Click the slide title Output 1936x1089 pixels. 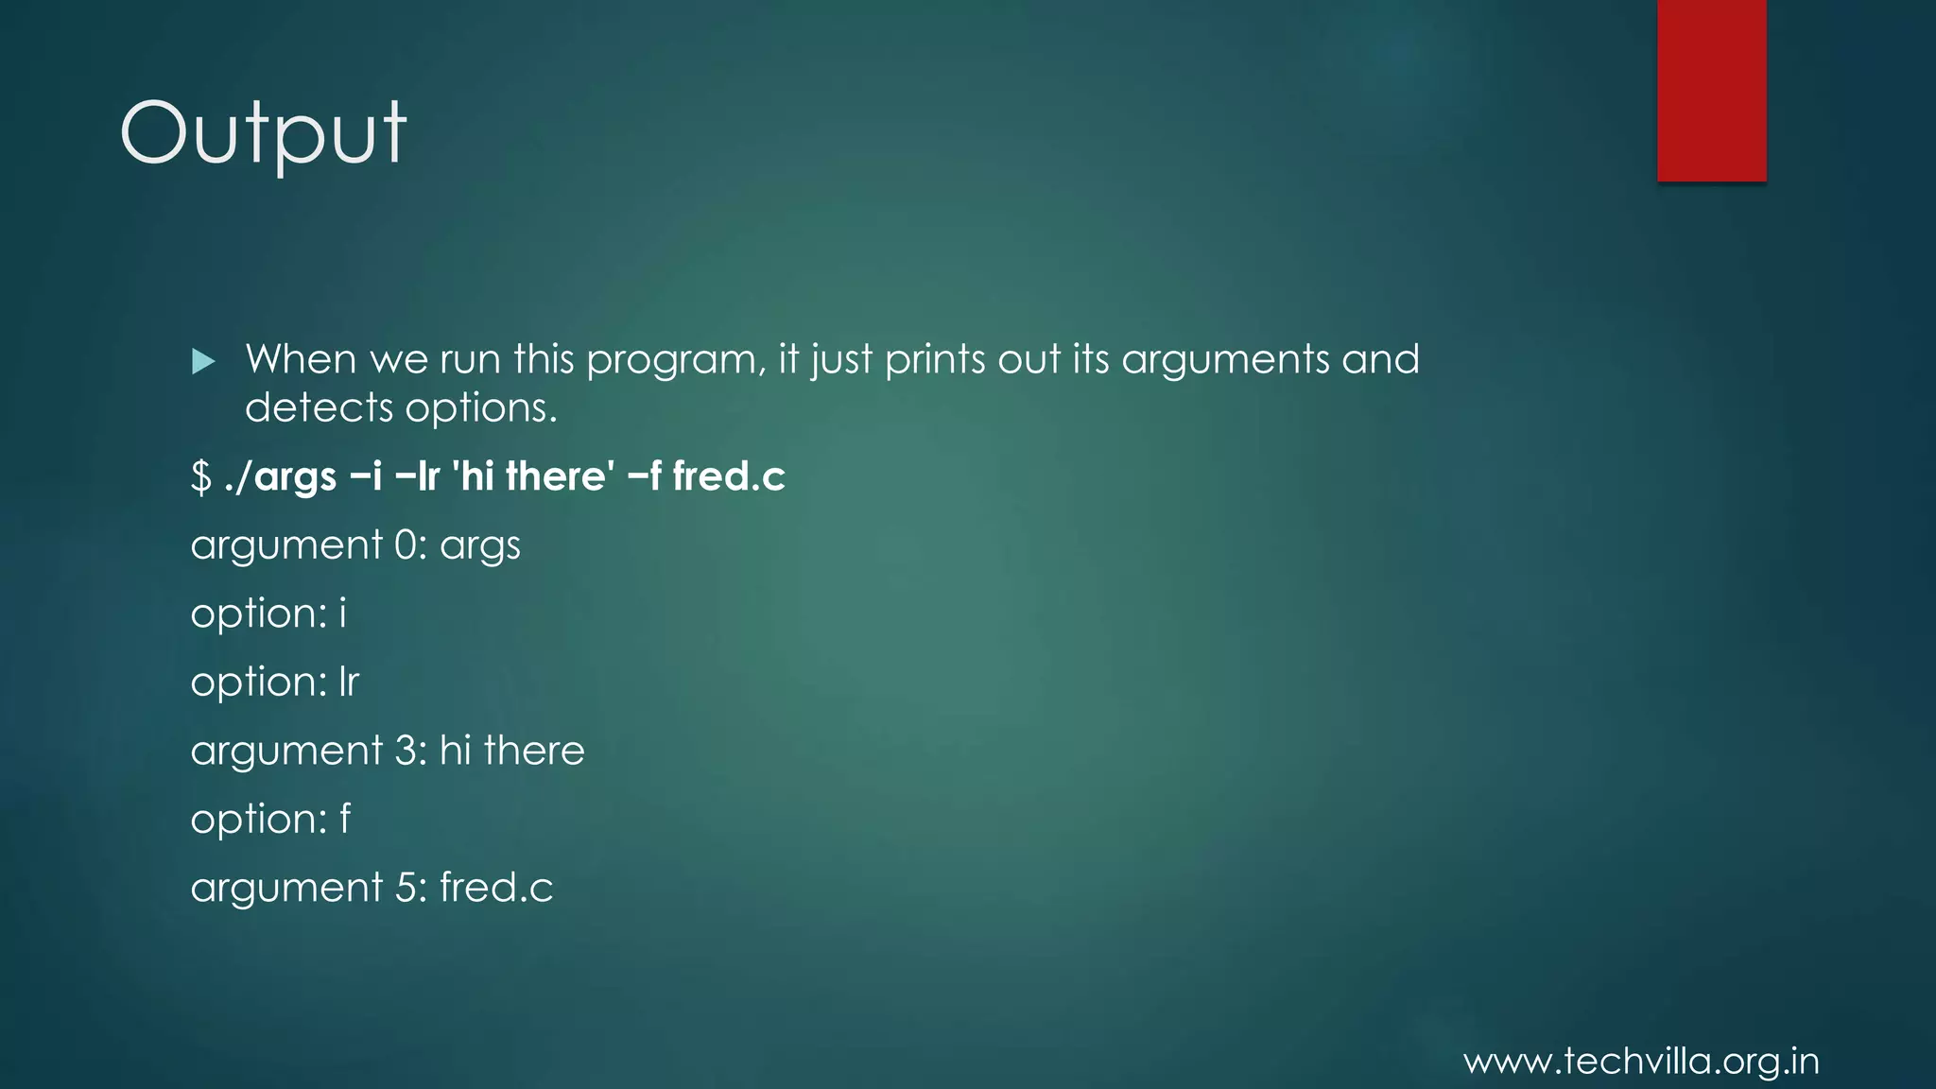pyautogui.click(x=263, y=133)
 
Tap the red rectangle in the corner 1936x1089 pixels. pyautogui.click(x=1711, y=91)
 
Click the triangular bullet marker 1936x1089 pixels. pyautogui.click(x=203, y=361)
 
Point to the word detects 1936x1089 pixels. pyautogui.click(x=319, y=408)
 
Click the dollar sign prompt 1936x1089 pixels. pyautogui.click(x=200, y=476)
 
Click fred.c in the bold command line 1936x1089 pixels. pyautogui.click(x=729, y=475)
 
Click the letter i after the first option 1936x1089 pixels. pyautogui.click(x=343, y=614)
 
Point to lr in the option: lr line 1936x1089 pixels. pyautogui.click(x=349, y=682)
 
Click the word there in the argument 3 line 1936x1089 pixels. pyautogui.click(x=534, y=751)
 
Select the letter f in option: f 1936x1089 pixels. pyautogui.click(x=345, y=819)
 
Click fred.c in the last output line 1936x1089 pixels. pyautogui.click(x=496, y=888)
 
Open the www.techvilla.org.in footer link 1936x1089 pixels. pyautogui.click(x=1641, y=1062)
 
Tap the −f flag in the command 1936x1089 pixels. pyautogui.click(x=644, y=475)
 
